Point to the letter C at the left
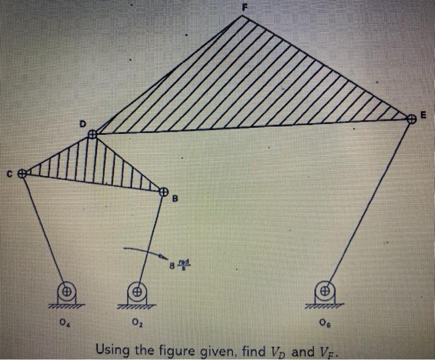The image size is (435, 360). (x=9, y=175)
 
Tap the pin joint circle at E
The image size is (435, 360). (x=410, y=119)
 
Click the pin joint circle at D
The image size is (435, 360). (x=92, y=134)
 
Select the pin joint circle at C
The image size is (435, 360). (x=22, y=174)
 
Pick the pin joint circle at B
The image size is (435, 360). (x=164, y=191)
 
